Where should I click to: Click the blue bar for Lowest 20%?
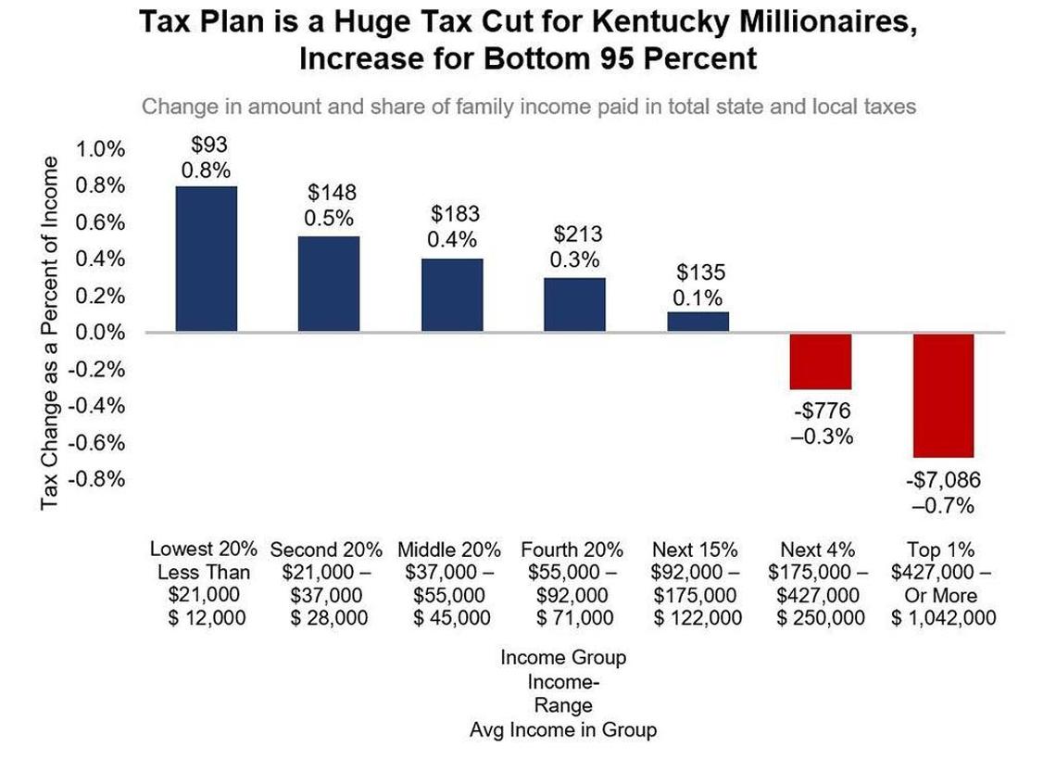point(206,259)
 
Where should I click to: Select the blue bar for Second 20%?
point(329,284)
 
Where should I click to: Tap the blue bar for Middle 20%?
point(452,295)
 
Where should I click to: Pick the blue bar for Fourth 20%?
point(574,304)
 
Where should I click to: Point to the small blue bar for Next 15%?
point(698,322)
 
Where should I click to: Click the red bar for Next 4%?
point(821,361)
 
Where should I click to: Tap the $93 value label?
point(208,145)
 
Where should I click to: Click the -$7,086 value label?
point(943,481)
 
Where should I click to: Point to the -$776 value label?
point(821,411)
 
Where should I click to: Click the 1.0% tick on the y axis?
point(99,149)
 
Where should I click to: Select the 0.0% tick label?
point(99,333)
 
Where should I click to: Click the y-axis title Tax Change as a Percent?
point(50,332)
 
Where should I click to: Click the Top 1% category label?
point(943,550)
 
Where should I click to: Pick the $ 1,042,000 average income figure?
point(943,618)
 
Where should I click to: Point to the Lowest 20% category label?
point(204,550)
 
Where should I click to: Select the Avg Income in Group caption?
point(563,730)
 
